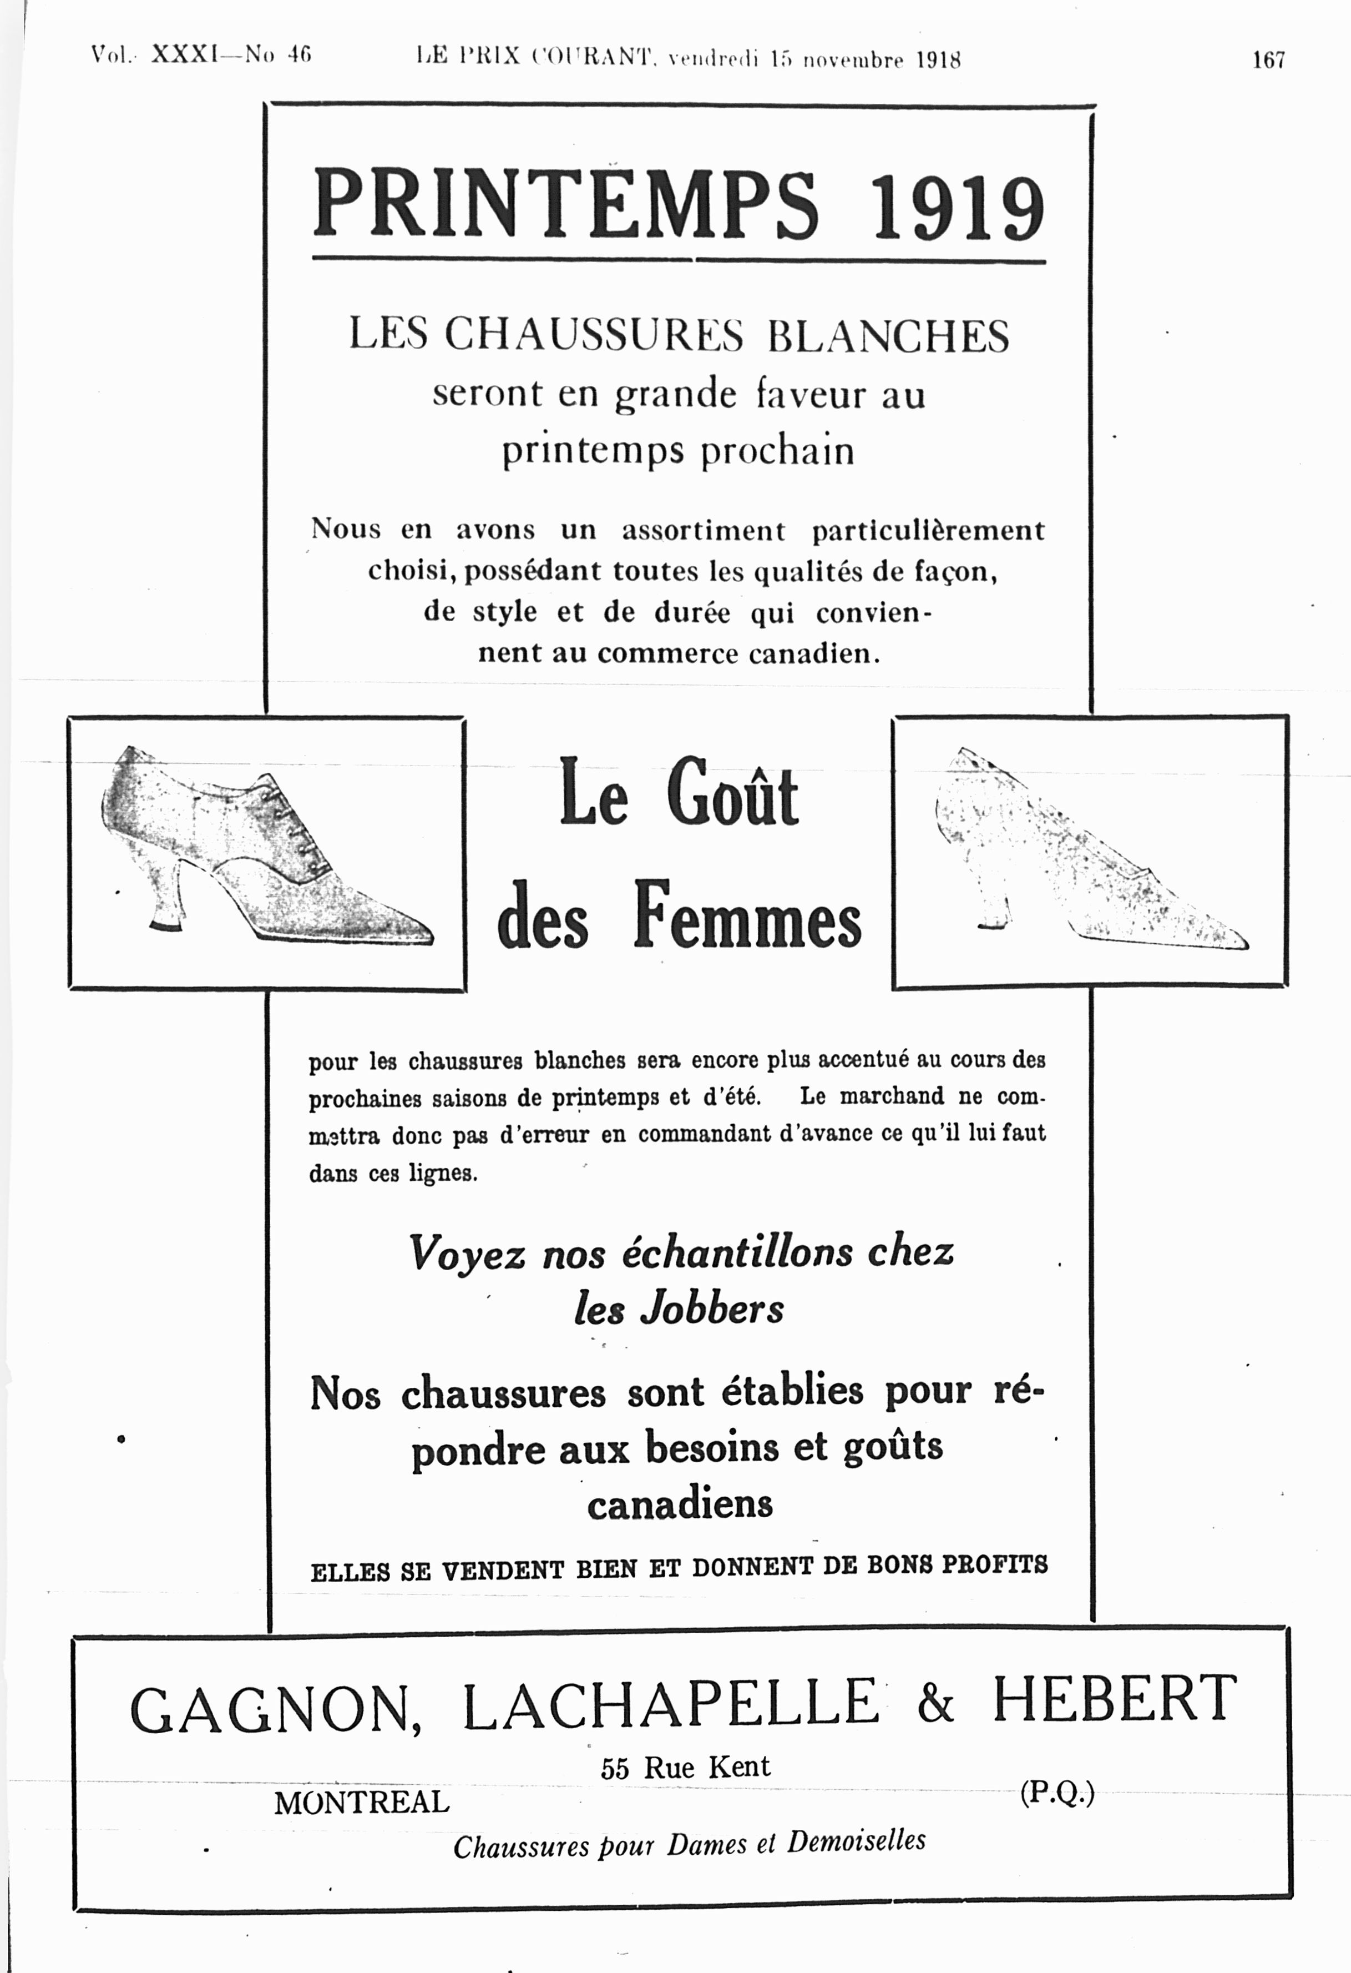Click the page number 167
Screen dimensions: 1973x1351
(x=1269, y=59)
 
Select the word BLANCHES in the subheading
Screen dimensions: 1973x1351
(x=888, y=335)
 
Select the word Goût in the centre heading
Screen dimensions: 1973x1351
(x=731, y=794)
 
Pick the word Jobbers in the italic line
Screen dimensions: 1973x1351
(x=712, y=1308)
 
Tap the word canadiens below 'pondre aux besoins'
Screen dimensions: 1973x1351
(x=680, y=1505)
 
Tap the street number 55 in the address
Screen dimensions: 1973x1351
(x=614, y=1768)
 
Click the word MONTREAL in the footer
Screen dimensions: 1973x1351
(x=362, y=1801)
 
